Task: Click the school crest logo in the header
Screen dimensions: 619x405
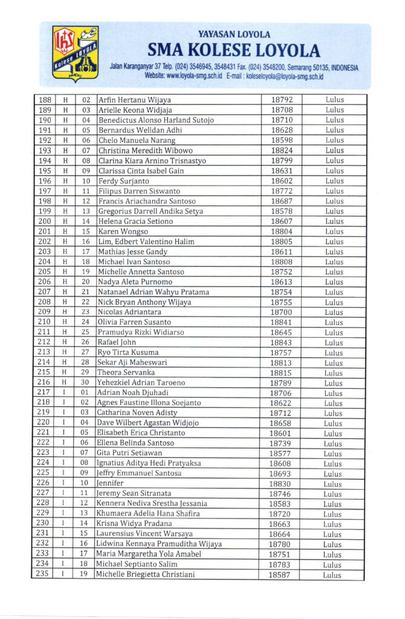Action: (x=76, y=54)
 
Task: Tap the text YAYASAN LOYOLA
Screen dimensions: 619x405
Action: (x=234, y=34)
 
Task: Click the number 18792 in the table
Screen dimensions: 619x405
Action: (x=282, y=100)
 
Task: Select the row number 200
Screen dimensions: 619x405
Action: (x=44, y=221)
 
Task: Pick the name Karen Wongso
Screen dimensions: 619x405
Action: (x=123, y=232)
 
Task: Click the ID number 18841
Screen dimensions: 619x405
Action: (x=281, y=322)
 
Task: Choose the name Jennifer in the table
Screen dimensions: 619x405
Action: (x=110, y=484)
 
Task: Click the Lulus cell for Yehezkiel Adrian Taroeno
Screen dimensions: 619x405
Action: (x=334, y=383)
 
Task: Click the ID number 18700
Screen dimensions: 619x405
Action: (x=281, y=312)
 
